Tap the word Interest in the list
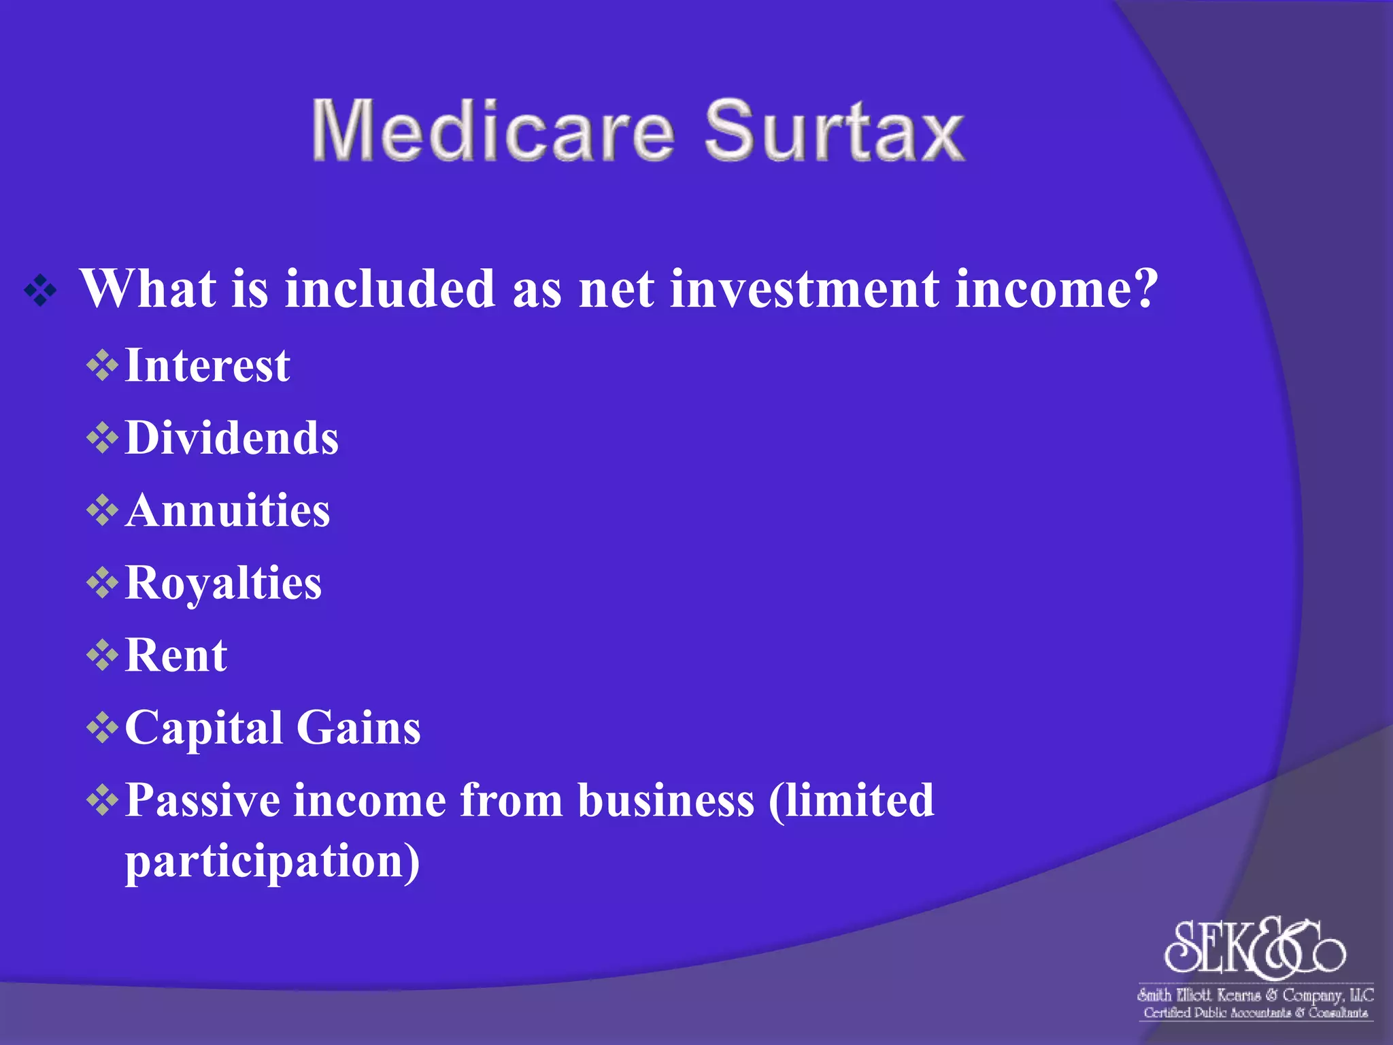(207, 366)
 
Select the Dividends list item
(232, 437)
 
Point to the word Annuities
(228, 510)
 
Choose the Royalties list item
(223, 584)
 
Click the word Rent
(176, 655)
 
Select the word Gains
(358, 728)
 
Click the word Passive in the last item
(202, 800)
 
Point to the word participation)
(272, 863)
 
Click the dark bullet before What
(41, 291)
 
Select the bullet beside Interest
(102, 366)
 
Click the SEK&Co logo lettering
(1255, 947)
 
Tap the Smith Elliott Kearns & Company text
(1255, 995)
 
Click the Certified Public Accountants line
(1255, 1013)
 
